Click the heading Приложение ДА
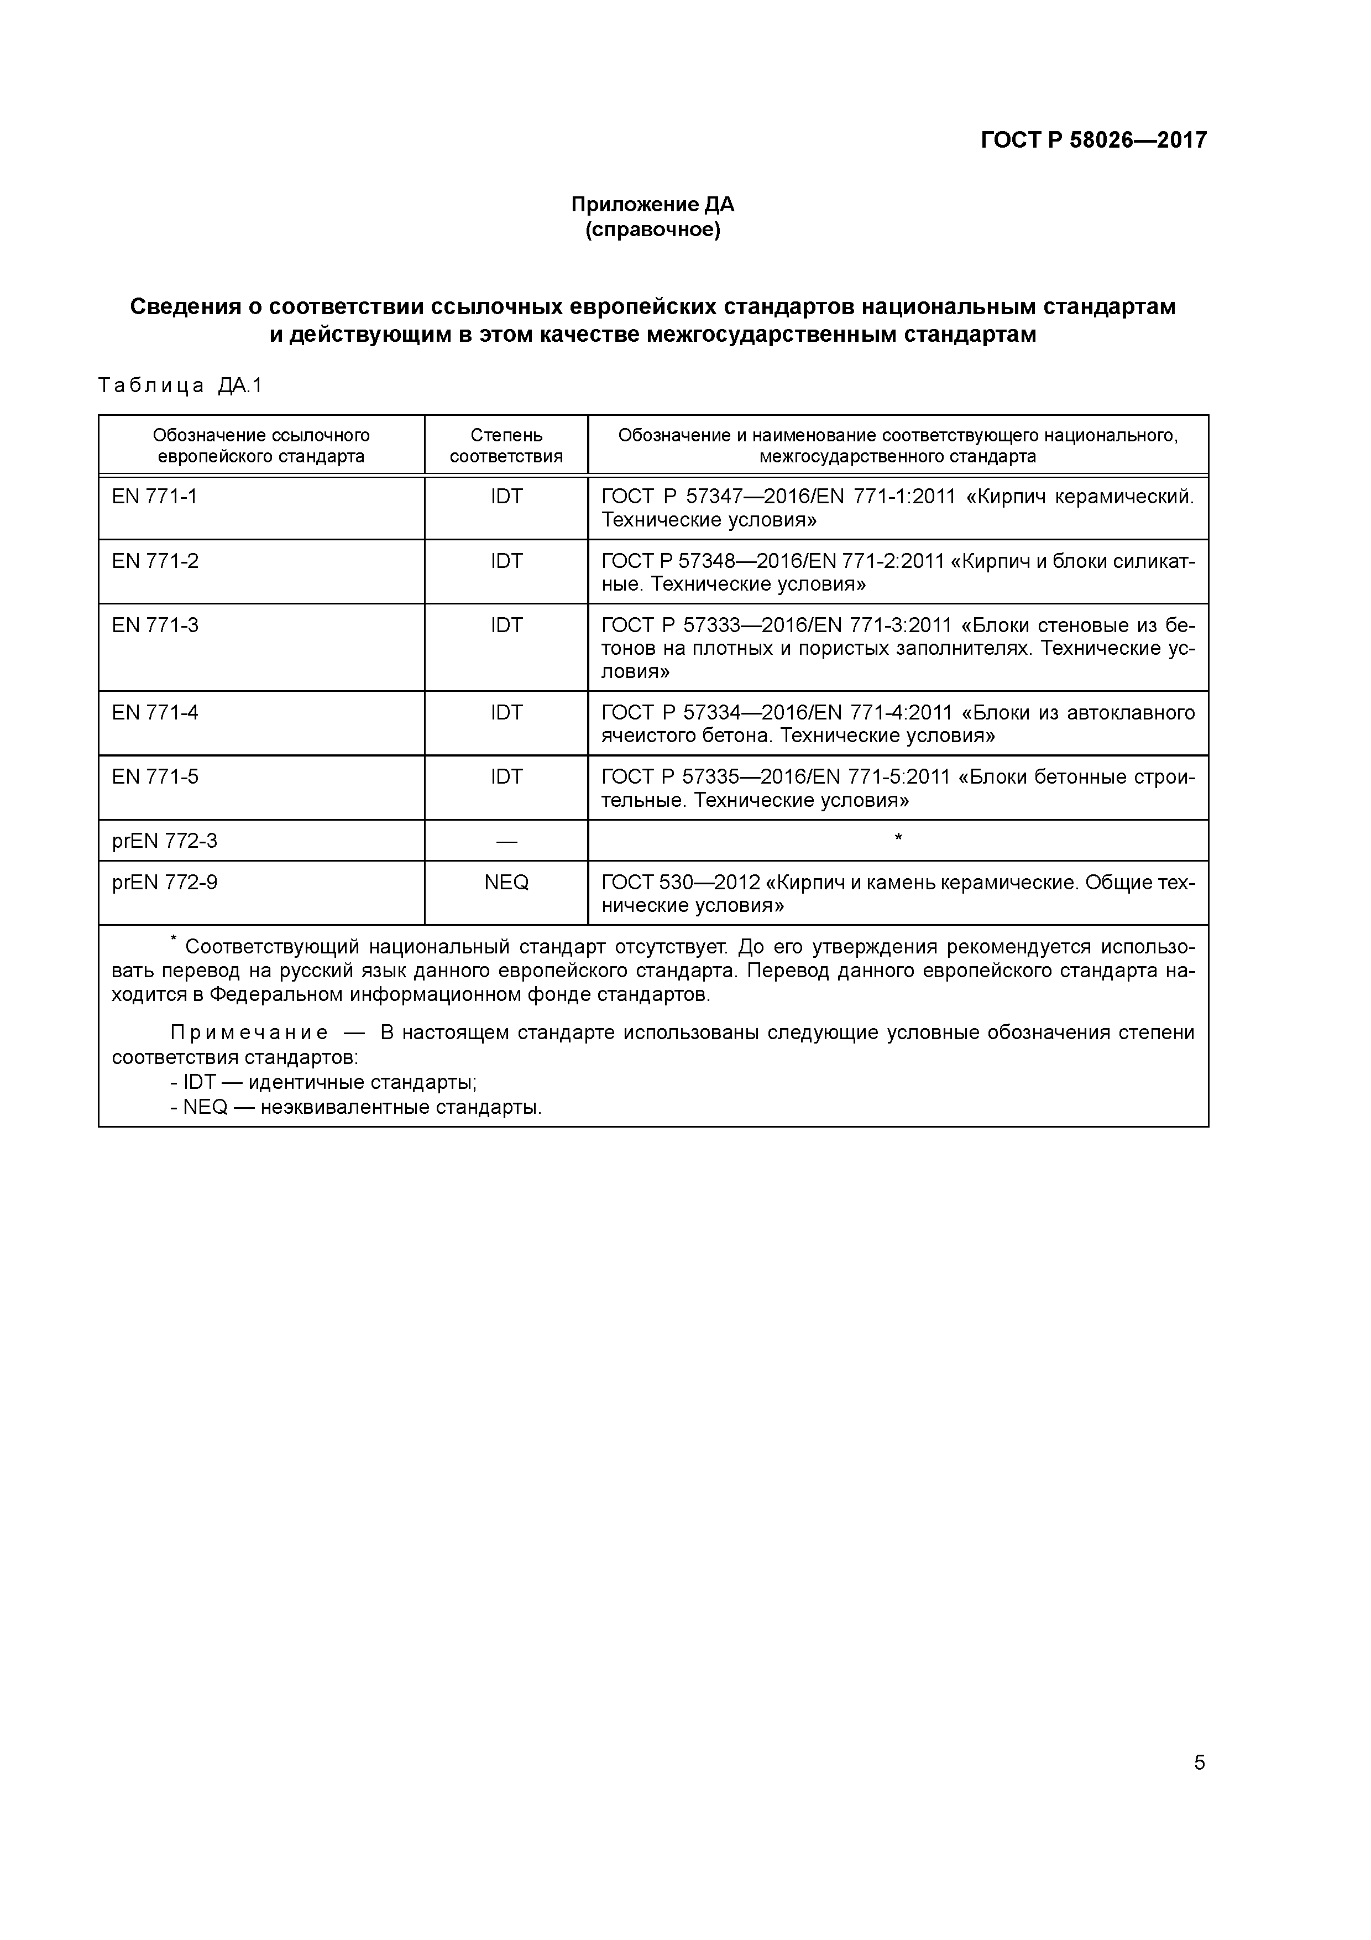pos(652,205)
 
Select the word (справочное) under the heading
pos(652,230)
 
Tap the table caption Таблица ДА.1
pos(181,386)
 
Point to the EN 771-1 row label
pos(155,497)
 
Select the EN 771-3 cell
pos(155,625)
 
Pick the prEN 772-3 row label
pos(165,841)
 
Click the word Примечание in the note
pos(249,1032)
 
